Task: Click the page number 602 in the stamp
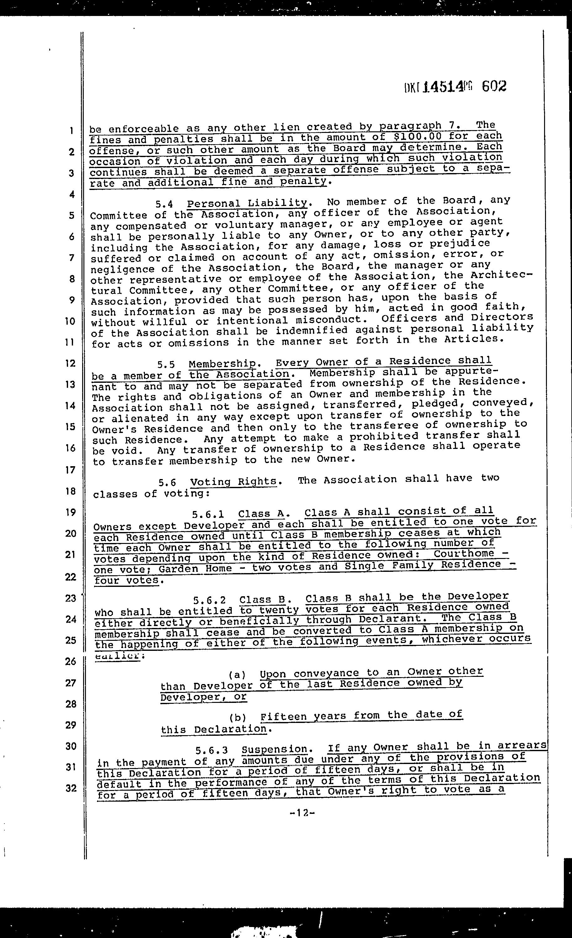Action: click(x=494, y=87)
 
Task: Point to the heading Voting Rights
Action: click(x=233, y=482)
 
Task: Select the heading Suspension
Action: click(x=274, y=749)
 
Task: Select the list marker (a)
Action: click(x=237, y=675)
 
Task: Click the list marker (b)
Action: click(x=238, y=718)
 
